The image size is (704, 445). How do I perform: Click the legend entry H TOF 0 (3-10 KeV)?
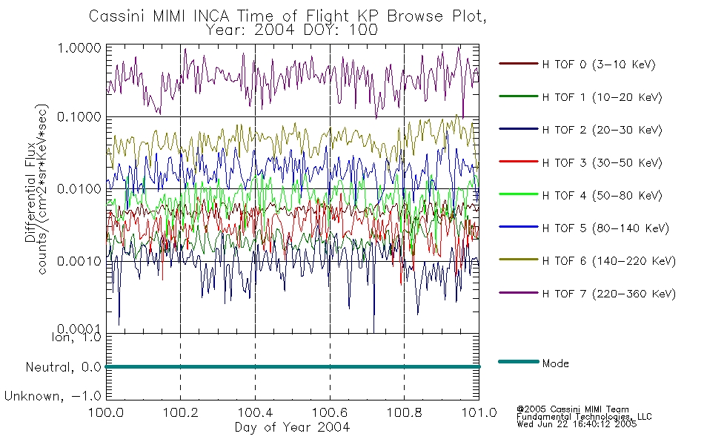599,65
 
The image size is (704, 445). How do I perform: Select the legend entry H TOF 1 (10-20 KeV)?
602,97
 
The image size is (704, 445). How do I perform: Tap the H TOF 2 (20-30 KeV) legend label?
602,130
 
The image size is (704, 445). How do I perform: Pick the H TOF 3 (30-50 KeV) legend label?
602,162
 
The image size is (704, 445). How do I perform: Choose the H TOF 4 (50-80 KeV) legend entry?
602,196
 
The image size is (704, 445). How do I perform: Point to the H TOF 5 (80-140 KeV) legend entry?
605,228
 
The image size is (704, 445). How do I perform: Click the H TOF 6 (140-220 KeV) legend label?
608,261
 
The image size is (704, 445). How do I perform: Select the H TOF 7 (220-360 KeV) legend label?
608,294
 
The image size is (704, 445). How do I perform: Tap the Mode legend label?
555,363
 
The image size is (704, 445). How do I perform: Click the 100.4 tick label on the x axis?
256,412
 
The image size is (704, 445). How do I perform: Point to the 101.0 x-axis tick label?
479,412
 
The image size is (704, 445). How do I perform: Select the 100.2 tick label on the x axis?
181,412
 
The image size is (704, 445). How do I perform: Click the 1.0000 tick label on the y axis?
79,47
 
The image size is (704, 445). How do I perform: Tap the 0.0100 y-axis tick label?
79,189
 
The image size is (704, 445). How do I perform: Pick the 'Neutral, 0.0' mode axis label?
63,367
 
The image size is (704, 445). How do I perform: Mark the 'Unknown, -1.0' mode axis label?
53,396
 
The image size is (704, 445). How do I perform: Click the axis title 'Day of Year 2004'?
292,427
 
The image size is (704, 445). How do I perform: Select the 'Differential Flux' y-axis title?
30,192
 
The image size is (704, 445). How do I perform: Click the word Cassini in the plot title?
118,16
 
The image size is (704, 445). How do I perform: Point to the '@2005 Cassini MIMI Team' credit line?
573,409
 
